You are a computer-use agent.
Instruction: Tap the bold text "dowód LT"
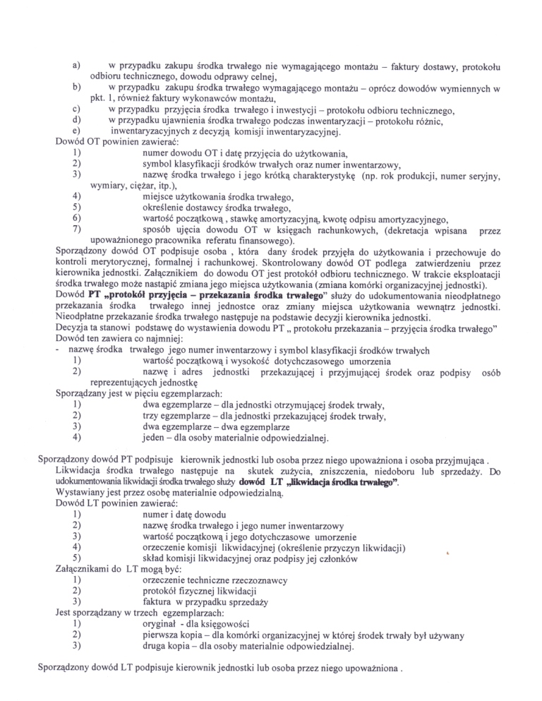pos(260,481)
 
